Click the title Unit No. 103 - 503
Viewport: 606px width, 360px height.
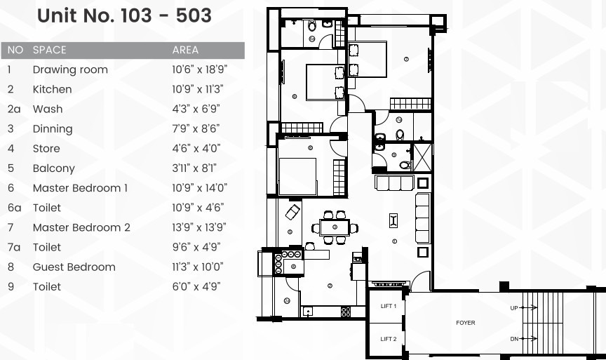click(x=124, y=16)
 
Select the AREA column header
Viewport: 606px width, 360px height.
click(x=185, y=50)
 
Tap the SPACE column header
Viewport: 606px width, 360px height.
click(x=49, y=50)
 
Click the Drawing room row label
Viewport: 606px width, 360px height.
click(x=70, y=69)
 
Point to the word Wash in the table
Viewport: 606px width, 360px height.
click(x=48, y=109)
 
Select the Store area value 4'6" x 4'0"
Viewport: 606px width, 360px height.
click(x=196, y=149)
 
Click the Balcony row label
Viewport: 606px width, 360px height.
click(x=53, y=168)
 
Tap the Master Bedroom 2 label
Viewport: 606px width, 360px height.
click(x=81, y=227)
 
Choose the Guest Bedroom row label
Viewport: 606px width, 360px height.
click(x=74, y=267)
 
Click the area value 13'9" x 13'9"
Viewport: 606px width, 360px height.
click(x=199, y=227)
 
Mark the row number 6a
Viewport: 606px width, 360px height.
click(x=15, y=208)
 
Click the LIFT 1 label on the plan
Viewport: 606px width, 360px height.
click(x=389, y=307)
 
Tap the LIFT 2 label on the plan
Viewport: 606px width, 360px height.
click(x=389, y=339)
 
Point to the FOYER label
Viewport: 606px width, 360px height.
click(x=465, y=323)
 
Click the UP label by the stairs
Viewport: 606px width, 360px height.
click(x=514, y=308)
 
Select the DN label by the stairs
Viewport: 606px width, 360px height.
click(x=514, y=339)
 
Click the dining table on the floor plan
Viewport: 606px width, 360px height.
click(x=334, y=227)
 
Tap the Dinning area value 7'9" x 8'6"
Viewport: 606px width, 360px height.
click(x=196, y=129)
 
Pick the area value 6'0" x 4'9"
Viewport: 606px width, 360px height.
click(x=196, y=286)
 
